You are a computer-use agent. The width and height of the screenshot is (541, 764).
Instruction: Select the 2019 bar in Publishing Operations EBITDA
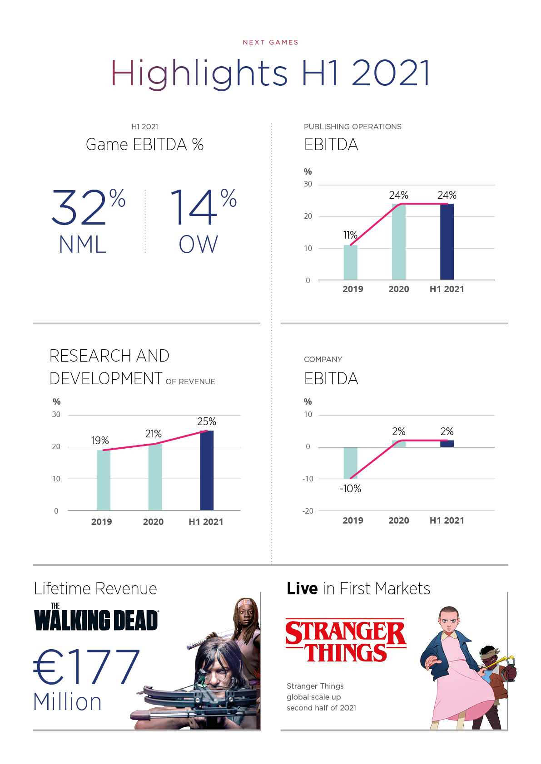350,262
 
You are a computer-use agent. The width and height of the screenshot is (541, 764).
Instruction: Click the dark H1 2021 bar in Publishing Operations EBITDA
447,241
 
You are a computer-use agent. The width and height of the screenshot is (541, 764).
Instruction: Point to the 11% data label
350,235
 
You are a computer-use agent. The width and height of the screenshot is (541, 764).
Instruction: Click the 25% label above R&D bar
207,421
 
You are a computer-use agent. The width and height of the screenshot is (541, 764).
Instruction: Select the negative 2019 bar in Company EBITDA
350,463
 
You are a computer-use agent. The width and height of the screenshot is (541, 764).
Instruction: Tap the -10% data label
350,489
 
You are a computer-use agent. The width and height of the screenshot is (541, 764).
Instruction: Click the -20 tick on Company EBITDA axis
308,511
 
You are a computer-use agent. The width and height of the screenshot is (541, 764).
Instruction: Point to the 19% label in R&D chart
100,441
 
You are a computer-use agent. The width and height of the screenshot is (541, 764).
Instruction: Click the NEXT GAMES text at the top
271,42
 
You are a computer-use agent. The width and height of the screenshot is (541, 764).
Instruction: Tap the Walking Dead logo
96,618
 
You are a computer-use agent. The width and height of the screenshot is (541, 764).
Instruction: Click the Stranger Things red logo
346,640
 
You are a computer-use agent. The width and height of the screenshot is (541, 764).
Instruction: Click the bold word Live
302,588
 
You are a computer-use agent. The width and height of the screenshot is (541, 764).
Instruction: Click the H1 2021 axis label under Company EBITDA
447,520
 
